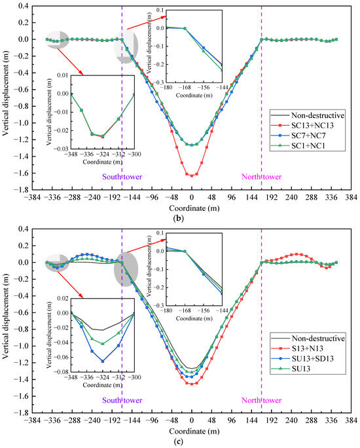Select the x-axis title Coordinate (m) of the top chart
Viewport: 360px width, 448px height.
[191, 205]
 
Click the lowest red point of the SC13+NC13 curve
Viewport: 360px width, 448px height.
[191, 176]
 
